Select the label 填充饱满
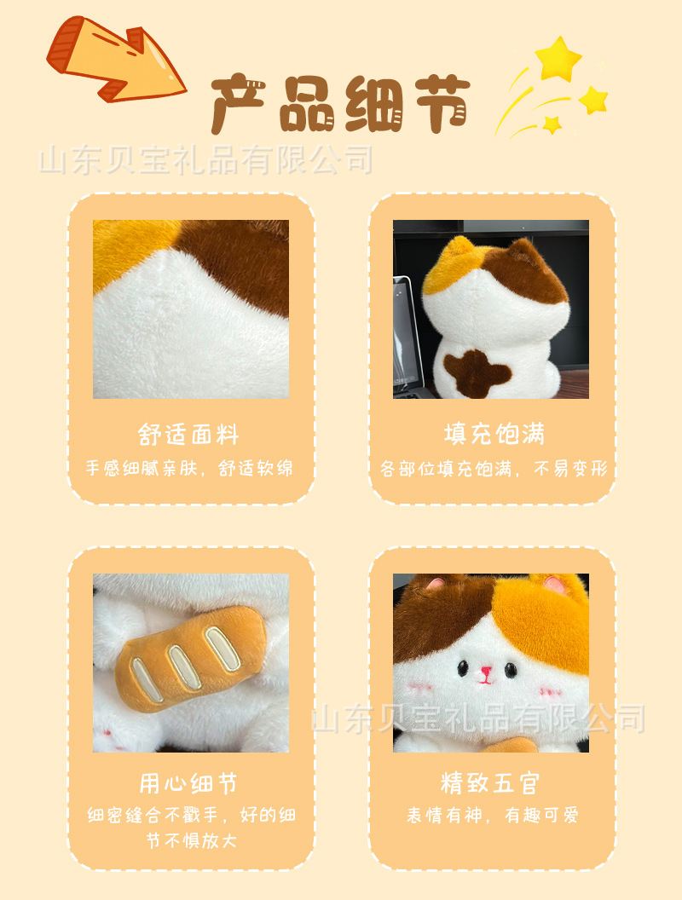494,435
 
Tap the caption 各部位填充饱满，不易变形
494,469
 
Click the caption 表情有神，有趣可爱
492,816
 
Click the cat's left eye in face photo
463,670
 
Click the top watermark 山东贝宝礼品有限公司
207,160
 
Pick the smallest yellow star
552,124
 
